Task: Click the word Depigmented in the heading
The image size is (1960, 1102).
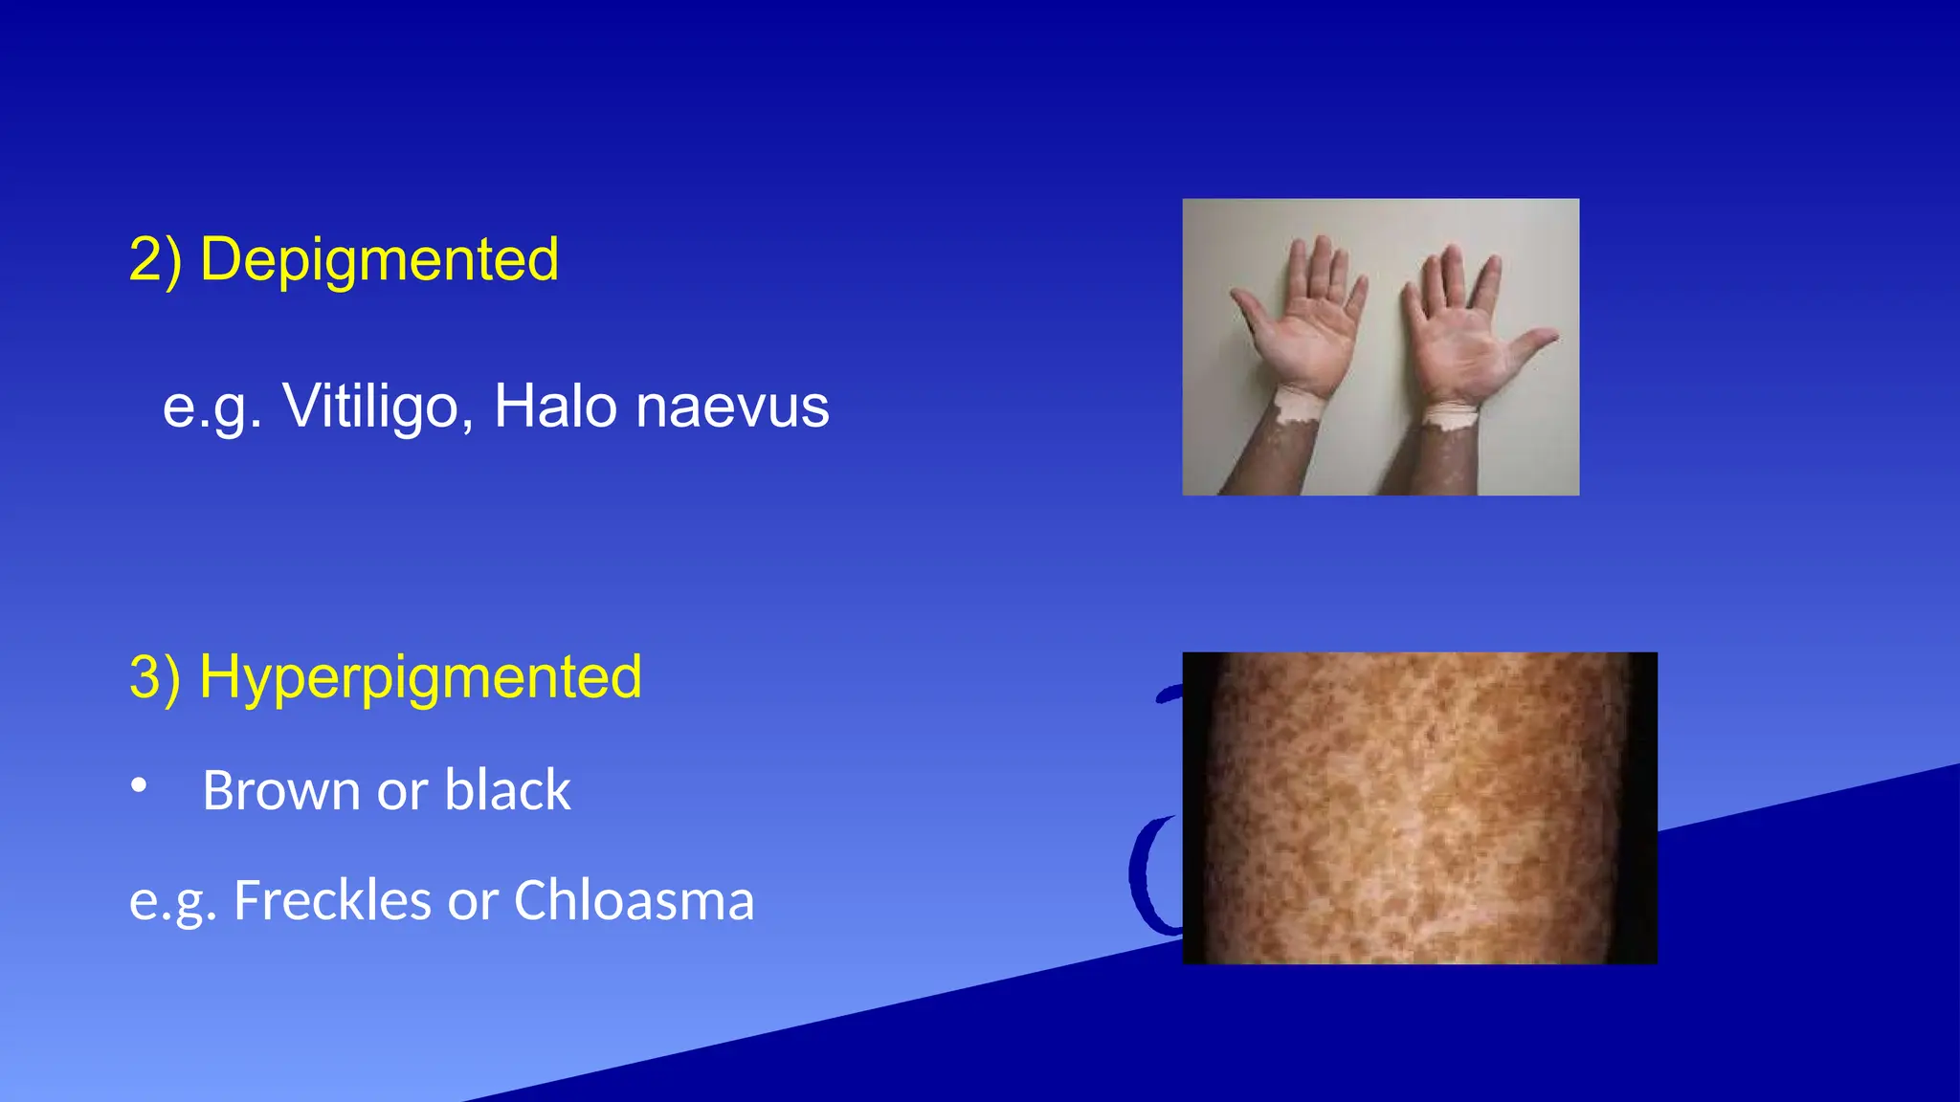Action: (379, 260)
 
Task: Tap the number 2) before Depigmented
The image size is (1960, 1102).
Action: (155, 260)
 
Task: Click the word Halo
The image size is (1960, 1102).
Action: (555, 408)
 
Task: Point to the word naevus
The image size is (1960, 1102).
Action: (732, 408)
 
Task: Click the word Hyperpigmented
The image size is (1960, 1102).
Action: (420, 678)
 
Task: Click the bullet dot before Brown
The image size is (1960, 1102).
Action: (140, 786)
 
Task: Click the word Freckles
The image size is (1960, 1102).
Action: (332, 901)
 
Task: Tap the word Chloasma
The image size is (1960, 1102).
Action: (634, 901)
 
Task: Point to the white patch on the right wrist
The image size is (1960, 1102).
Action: (1451, 415)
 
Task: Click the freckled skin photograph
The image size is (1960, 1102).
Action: (1419, 808)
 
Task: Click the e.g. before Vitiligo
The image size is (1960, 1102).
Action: (212, 408)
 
